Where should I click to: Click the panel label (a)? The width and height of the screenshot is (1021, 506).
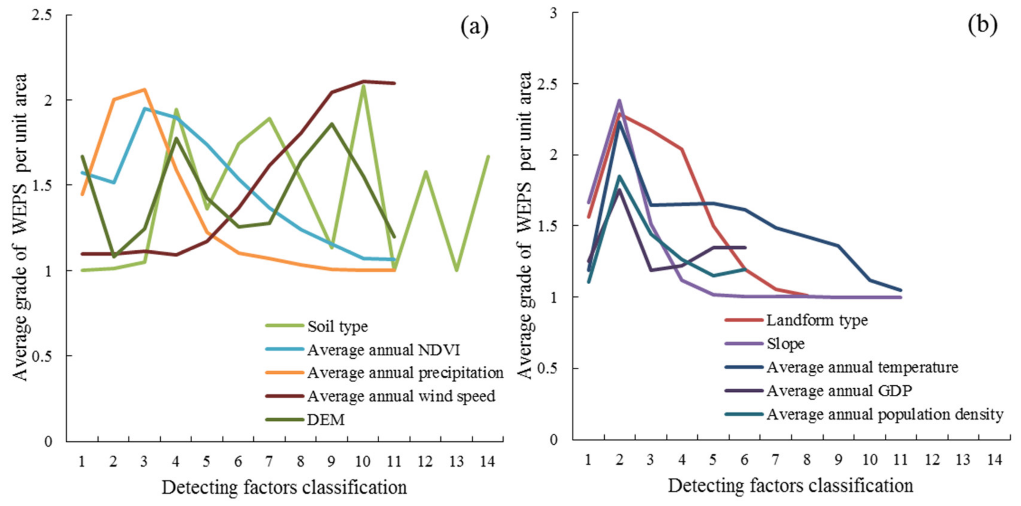point(474,27)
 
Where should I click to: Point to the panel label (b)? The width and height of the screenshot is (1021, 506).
point(982,25)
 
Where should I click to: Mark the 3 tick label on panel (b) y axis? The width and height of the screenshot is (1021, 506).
point(553,13)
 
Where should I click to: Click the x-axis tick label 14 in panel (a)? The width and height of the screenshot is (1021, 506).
point(487,461)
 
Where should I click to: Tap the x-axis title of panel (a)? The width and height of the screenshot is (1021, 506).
point(284,487)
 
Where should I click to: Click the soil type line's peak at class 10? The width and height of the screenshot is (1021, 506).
point(363,86)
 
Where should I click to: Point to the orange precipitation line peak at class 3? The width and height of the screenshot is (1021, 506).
point(145,90)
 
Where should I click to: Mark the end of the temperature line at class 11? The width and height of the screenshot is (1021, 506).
point(900,290)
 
